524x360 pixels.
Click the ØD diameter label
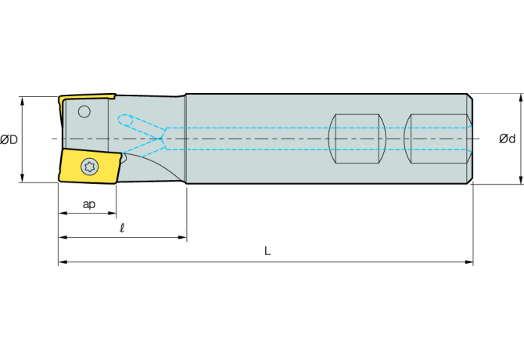(x=9, y=139)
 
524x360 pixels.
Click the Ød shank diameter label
(x=507, y=139)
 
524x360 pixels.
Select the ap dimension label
(x=89, y=204)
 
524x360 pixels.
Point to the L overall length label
(x=267, y=251)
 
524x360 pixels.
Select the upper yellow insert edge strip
(x=86, y=98)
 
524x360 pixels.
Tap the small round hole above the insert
(x=84, y=111)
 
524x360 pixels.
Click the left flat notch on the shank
(x=357, y=139)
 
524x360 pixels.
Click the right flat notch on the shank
(x=438, y=139)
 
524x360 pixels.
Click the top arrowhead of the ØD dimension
(x=23, y=99)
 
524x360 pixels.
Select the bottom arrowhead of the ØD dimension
(x=23, y=179)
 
